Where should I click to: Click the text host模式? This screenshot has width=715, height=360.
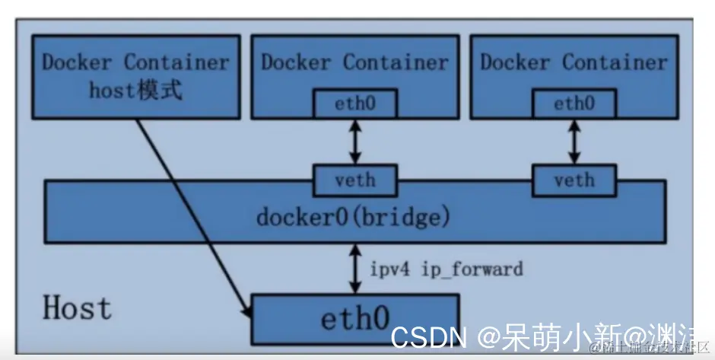click(x=135, y=91)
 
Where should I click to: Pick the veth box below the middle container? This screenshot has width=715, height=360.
click(x=355, y=180)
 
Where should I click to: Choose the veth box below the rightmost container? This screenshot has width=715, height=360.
click(x=574, y=180)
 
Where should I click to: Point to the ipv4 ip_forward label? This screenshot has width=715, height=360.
click(x=446, y=269)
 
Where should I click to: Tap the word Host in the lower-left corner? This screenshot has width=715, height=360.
click(x=77, y=308)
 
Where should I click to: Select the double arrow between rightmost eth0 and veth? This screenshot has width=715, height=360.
click(x=574, y=142)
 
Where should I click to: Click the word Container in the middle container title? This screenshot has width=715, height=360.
click(x=396, y=62)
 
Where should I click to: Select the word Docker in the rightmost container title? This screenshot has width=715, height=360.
click(x=516, y=62)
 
